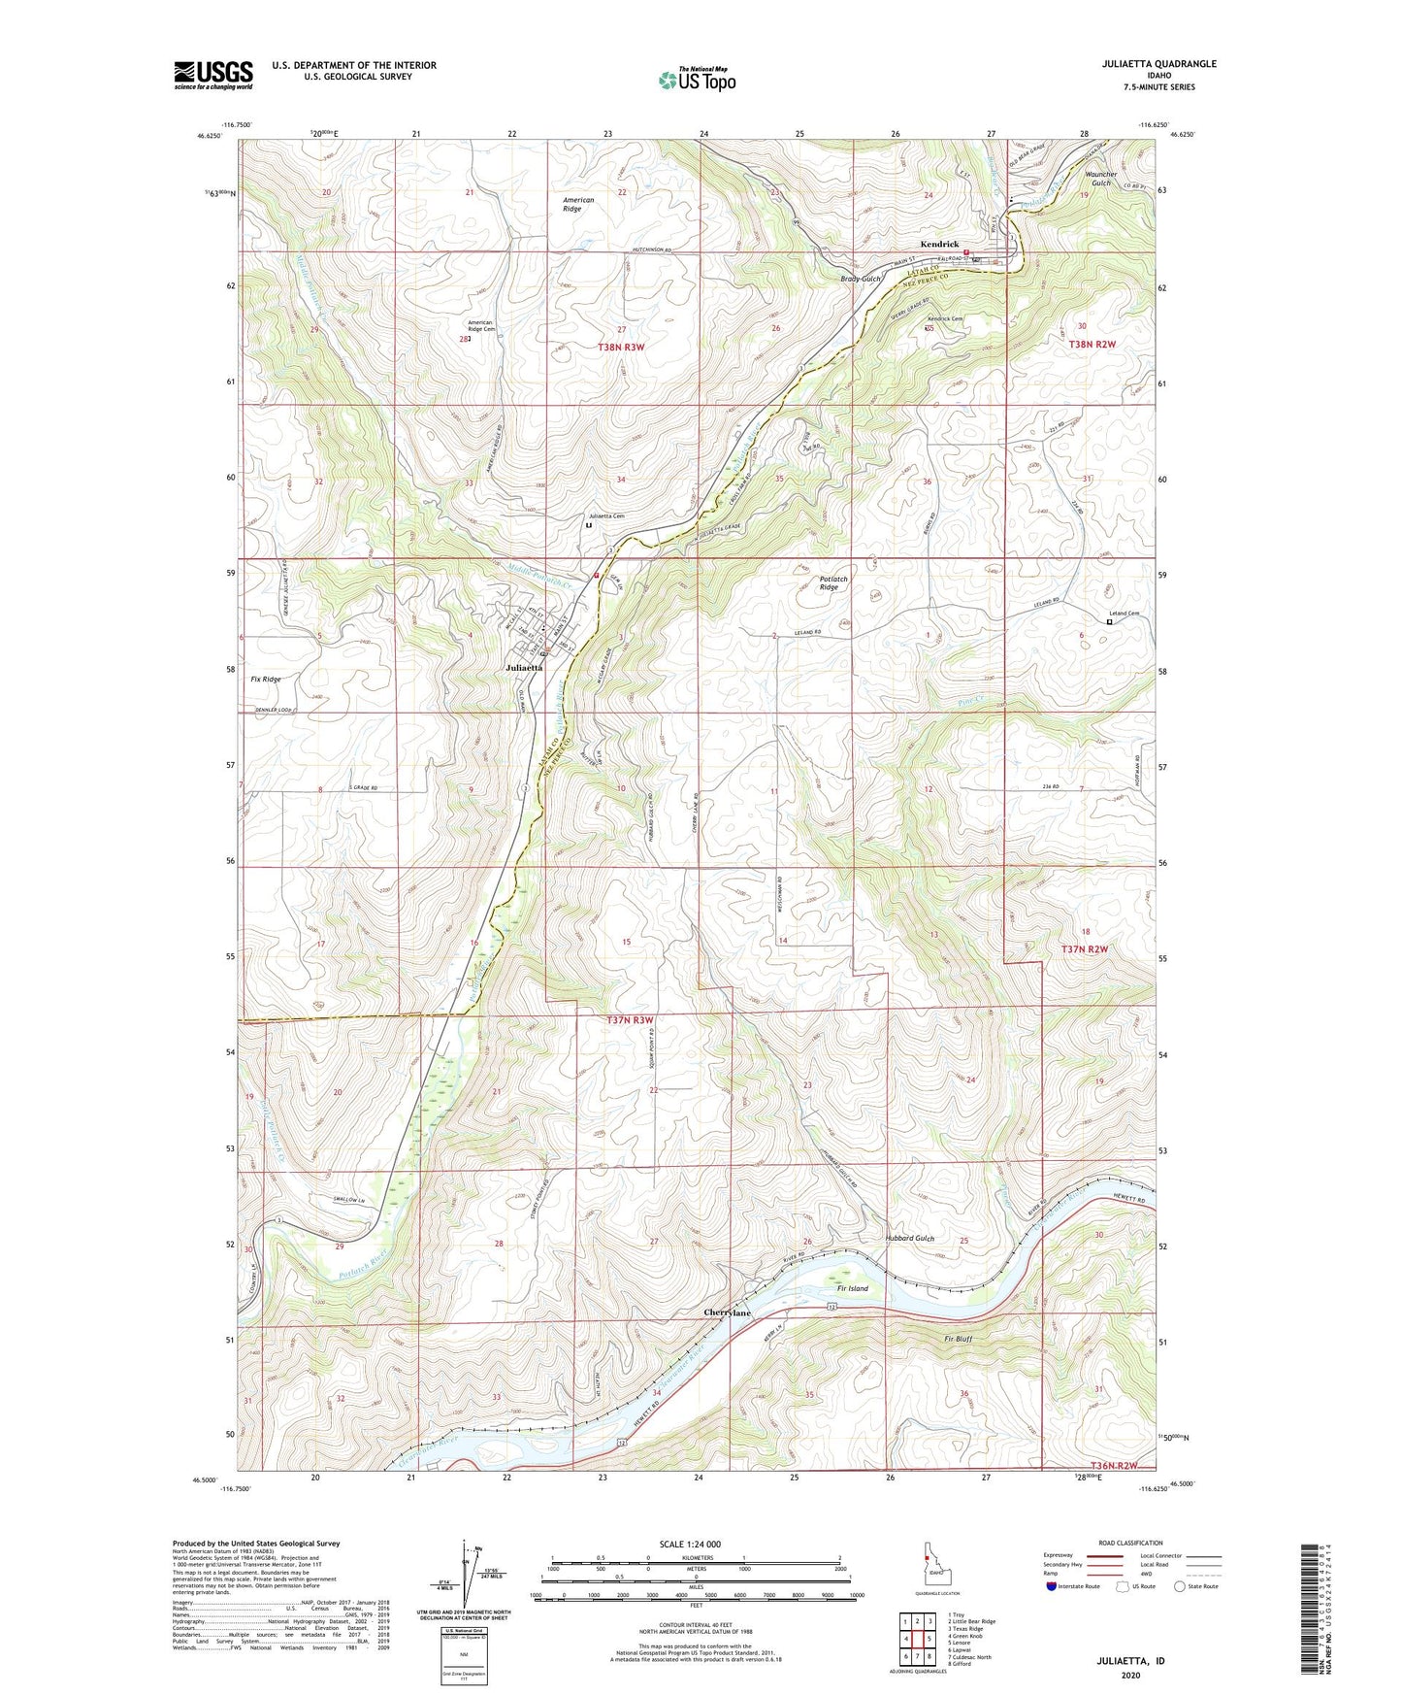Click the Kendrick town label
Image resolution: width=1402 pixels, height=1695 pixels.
[x=940, y=245]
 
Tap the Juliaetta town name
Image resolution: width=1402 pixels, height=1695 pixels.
[x=525, y=668]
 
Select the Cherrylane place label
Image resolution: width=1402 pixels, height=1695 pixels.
[x=727, y=1313]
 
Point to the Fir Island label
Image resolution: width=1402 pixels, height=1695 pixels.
[x=853, y=1288]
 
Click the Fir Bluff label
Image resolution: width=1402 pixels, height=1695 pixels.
[x=958, y=1339]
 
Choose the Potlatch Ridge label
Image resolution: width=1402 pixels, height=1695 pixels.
[x=828, y=583]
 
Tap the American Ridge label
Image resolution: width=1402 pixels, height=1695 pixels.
[x=578, y=204]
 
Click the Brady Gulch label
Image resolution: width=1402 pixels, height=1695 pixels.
[x=860, y=279]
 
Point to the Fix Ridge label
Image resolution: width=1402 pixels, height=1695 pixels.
[x=265, y=680]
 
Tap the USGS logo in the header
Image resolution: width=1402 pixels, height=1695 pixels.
[x=213, y=75]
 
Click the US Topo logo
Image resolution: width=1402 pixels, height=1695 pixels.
[x=698, y=79]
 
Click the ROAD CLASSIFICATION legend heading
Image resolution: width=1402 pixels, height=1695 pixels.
[x=1129, y=1543]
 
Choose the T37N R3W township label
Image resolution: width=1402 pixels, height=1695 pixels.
[x=631, y=1020]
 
